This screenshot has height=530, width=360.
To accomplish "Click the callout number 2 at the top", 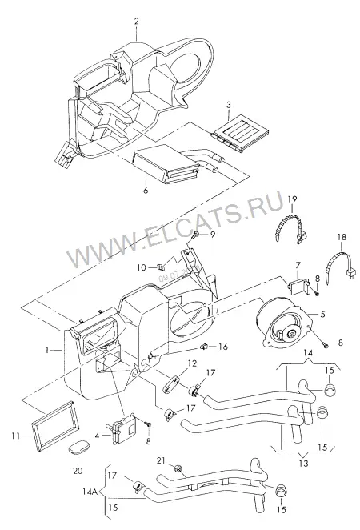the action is [137, 22].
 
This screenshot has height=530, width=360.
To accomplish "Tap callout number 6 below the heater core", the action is [146, 191].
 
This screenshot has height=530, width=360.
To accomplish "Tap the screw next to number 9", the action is [195, 235].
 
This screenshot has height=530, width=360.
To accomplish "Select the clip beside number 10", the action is [160, 267].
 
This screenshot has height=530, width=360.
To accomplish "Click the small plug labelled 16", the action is [204, 346].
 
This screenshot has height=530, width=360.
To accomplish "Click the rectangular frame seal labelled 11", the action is [56, 426].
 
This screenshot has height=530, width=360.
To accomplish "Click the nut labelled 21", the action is [178, 468].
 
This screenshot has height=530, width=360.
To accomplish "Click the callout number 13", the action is [304, 463].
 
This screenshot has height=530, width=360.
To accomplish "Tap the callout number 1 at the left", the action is [47, 350].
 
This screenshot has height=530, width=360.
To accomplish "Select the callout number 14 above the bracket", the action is [308, 353].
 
